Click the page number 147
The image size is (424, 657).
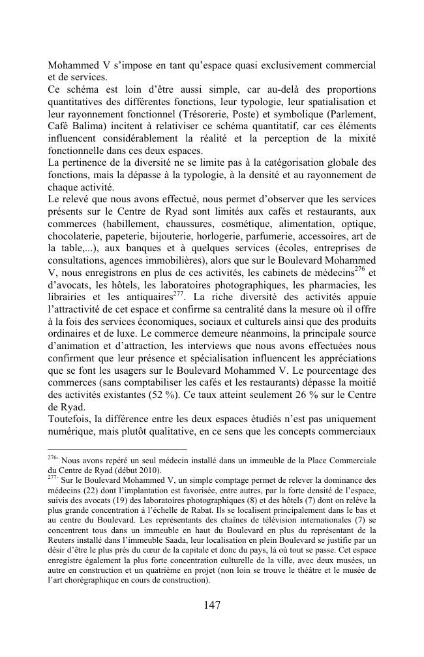[211, 605]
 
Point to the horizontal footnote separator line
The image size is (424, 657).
[117, 450]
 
